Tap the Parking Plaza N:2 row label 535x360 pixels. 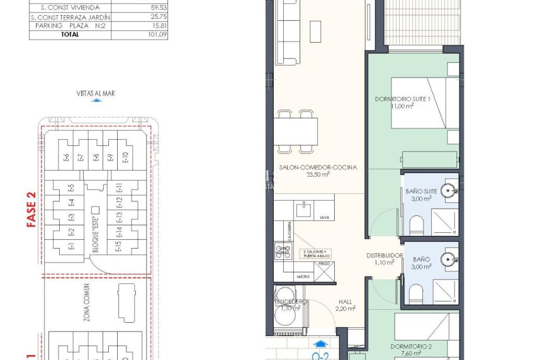(x=70, y=26)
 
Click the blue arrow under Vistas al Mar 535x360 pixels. (x=96, y=100)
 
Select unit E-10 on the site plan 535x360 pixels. (x=125, y=157)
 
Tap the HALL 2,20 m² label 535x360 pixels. (x=346, y=305)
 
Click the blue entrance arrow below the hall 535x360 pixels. (x=322, y=344)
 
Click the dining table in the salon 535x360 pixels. (x=295, y=131)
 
